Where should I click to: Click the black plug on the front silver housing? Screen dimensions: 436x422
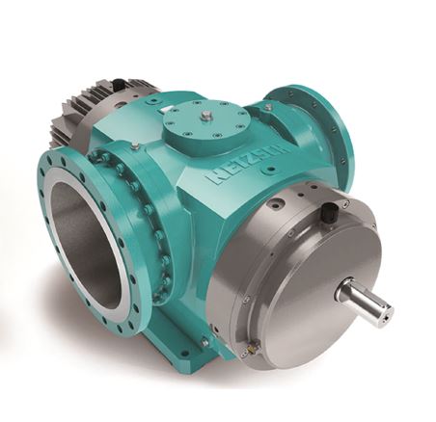[329, 210]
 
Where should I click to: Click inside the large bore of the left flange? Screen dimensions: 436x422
[87, 243]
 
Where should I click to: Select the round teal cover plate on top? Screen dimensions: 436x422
[205, 123]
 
